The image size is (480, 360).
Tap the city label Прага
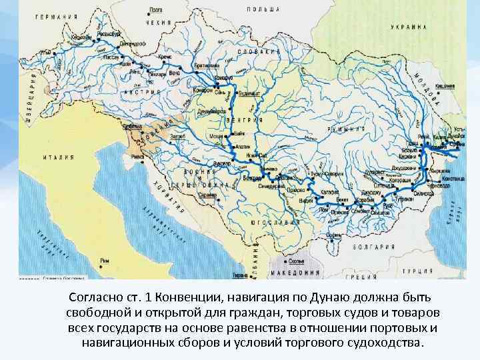[156, 10]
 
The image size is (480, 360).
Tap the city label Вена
[174, 72]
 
